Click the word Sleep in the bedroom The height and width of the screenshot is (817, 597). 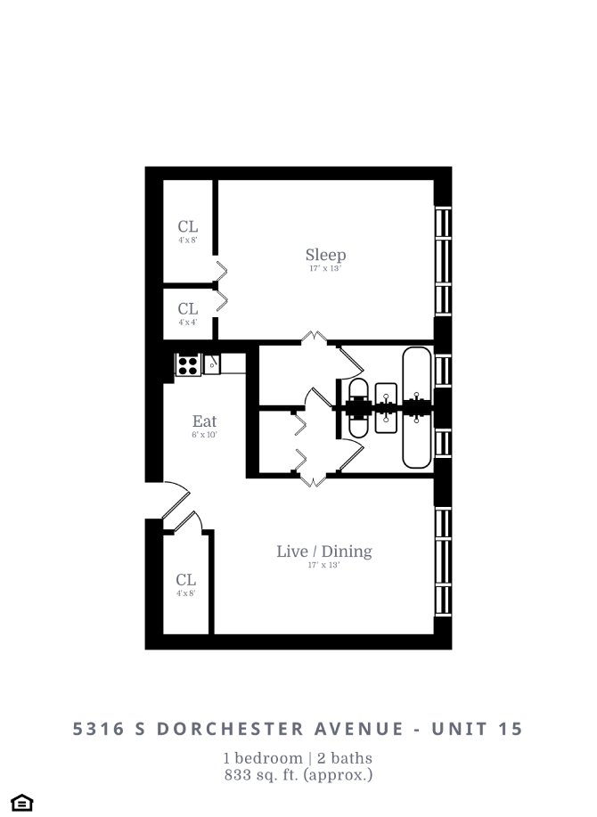(x=325, y=255)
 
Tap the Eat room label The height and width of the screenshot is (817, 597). (x=204, y=421)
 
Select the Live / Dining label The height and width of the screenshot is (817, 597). (x=323, y=551)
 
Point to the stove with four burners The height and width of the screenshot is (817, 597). (x=188, y=364)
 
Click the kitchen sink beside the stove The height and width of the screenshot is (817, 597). (x=212, y=364)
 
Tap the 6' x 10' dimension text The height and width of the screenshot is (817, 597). (x=204, y=436)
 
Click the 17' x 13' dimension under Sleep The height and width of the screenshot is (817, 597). (x=325, y=268)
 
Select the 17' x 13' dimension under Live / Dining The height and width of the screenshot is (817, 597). (x=323, y=565)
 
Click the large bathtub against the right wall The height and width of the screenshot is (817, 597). (x=416, y=408)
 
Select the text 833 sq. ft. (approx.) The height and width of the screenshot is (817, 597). (x=298, y=774)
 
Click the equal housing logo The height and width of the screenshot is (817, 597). (x=23, y=803)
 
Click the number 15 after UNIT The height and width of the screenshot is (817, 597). (x=511, y=729)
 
